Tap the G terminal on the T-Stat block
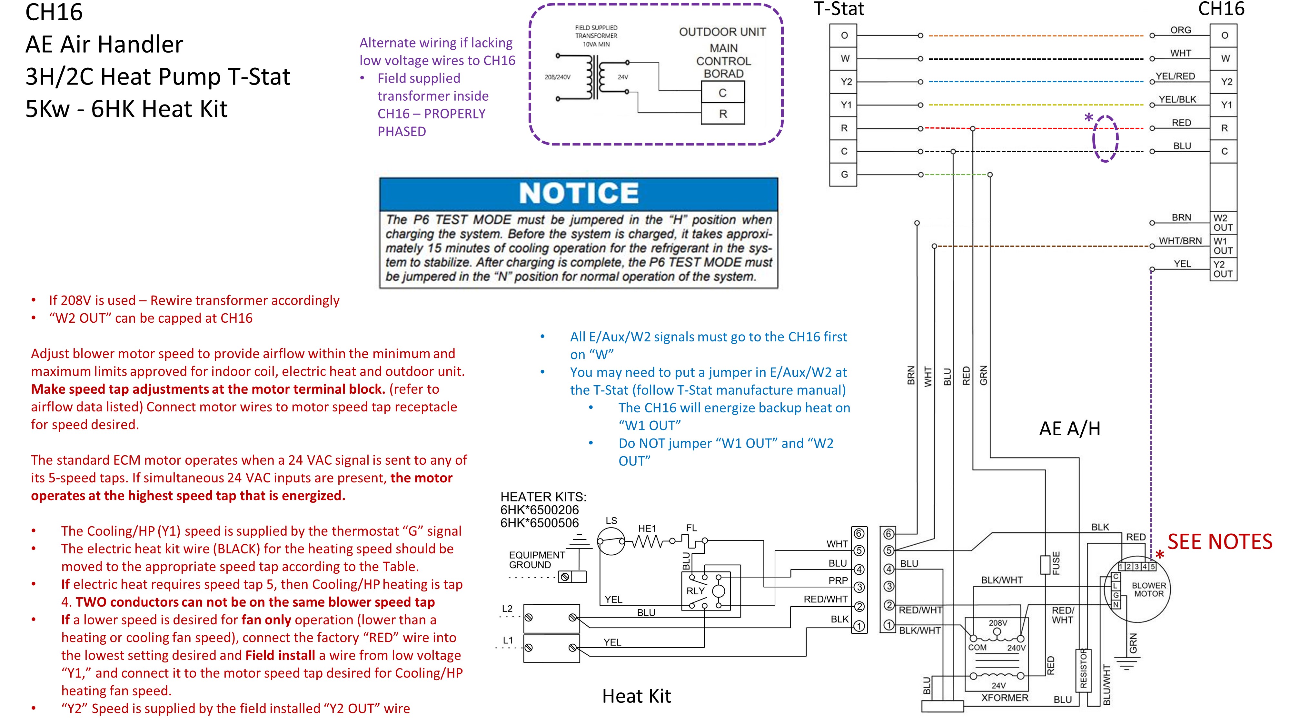click(x=844, y=174)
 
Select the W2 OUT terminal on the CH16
click(x=1223, y=222)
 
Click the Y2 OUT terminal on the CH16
click(x=1223, y=269)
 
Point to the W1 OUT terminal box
click(x=1223, y=246)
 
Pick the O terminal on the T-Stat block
click(x=844, y=35)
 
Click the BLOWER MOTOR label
click(x=1149, y=590)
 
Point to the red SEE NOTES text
click(x=1220, y=542)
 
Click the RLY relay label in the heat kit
click(x=696, y=591)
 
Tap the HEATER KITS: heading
click(x=543, y=497)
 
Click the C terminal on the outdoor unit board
click(x=723, y=93)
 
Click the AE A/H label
click(x=1070, y=429)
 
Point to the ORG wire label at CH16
click(x=1181, y=30)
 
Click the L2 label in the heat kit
click(x=507, y=609)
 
